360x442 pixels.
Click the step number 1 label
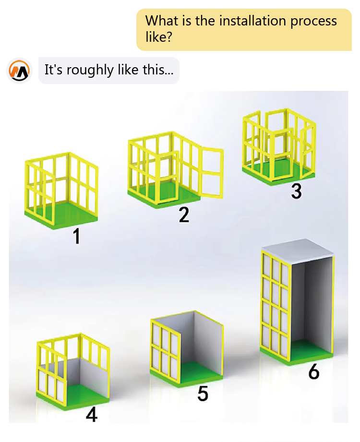pyautogui.click(x=77, y=236)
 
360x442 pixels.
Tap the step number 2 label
pyautogui.click(x=184, y=215)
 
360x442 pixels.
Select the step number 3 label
pyautogui.click(x=296, y=191)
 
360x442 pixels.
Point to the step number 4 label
pyautogui.click(x=92, y=415)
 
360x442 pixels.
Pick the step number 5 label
pyautogui.click(x=203, y=394)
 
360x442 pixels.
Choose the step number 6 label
pyautogui.click(x=314, y=371)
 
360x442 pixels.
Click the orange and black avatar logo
pyautogui.click(x=19, y=71)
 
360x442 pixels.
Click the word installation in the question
pyautogui.click(x=252, y=21)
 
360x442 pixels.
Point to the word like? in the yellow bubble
pyautogui.click(x=159, y=36)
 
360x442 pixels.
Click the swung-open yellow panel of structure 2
pyautogui.click(x=212, y=172)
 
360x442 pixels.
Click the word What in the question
pyautogui.click(x=159, y=21)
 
